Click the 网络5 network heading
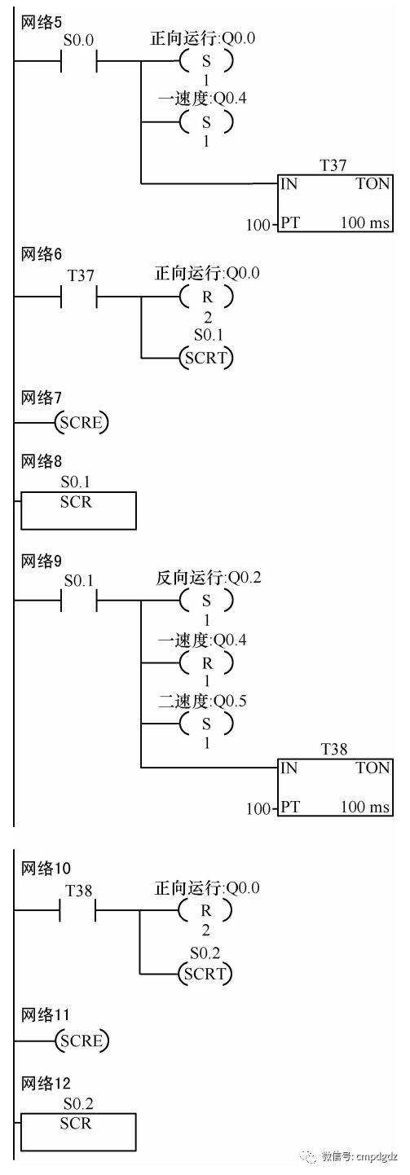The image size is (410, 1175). point(41,23)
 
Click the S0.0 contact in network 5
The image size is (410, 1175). point(79,61)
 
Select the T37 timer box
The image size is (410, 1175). point(334,203)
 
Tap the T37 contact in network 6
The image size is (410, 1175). point(79,297)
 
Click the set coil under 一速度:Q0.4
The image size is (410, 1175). point(205,123)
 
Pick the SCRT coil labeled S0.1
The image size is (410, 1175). point(205,358)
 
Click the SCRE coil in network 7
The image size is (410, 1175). point(82,422)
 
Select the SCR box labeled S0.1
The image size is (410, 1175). point(78,510)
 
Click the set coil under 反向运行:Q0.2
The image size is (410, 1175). point(205,601)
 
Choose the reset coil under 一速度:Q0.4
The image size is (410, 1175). point(205,663)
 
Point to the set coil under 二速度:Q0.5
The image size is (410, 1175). point(205,724)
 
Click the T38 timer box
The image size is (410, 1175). point(334,787)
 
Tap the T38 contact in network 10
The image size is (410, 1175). point(78,910)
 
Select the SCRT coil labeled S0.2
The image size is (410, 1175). point(205,974)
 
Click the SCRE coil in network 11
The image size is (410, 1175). point(82,1041)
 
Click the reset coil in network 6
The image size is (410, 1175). point(205,297)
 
